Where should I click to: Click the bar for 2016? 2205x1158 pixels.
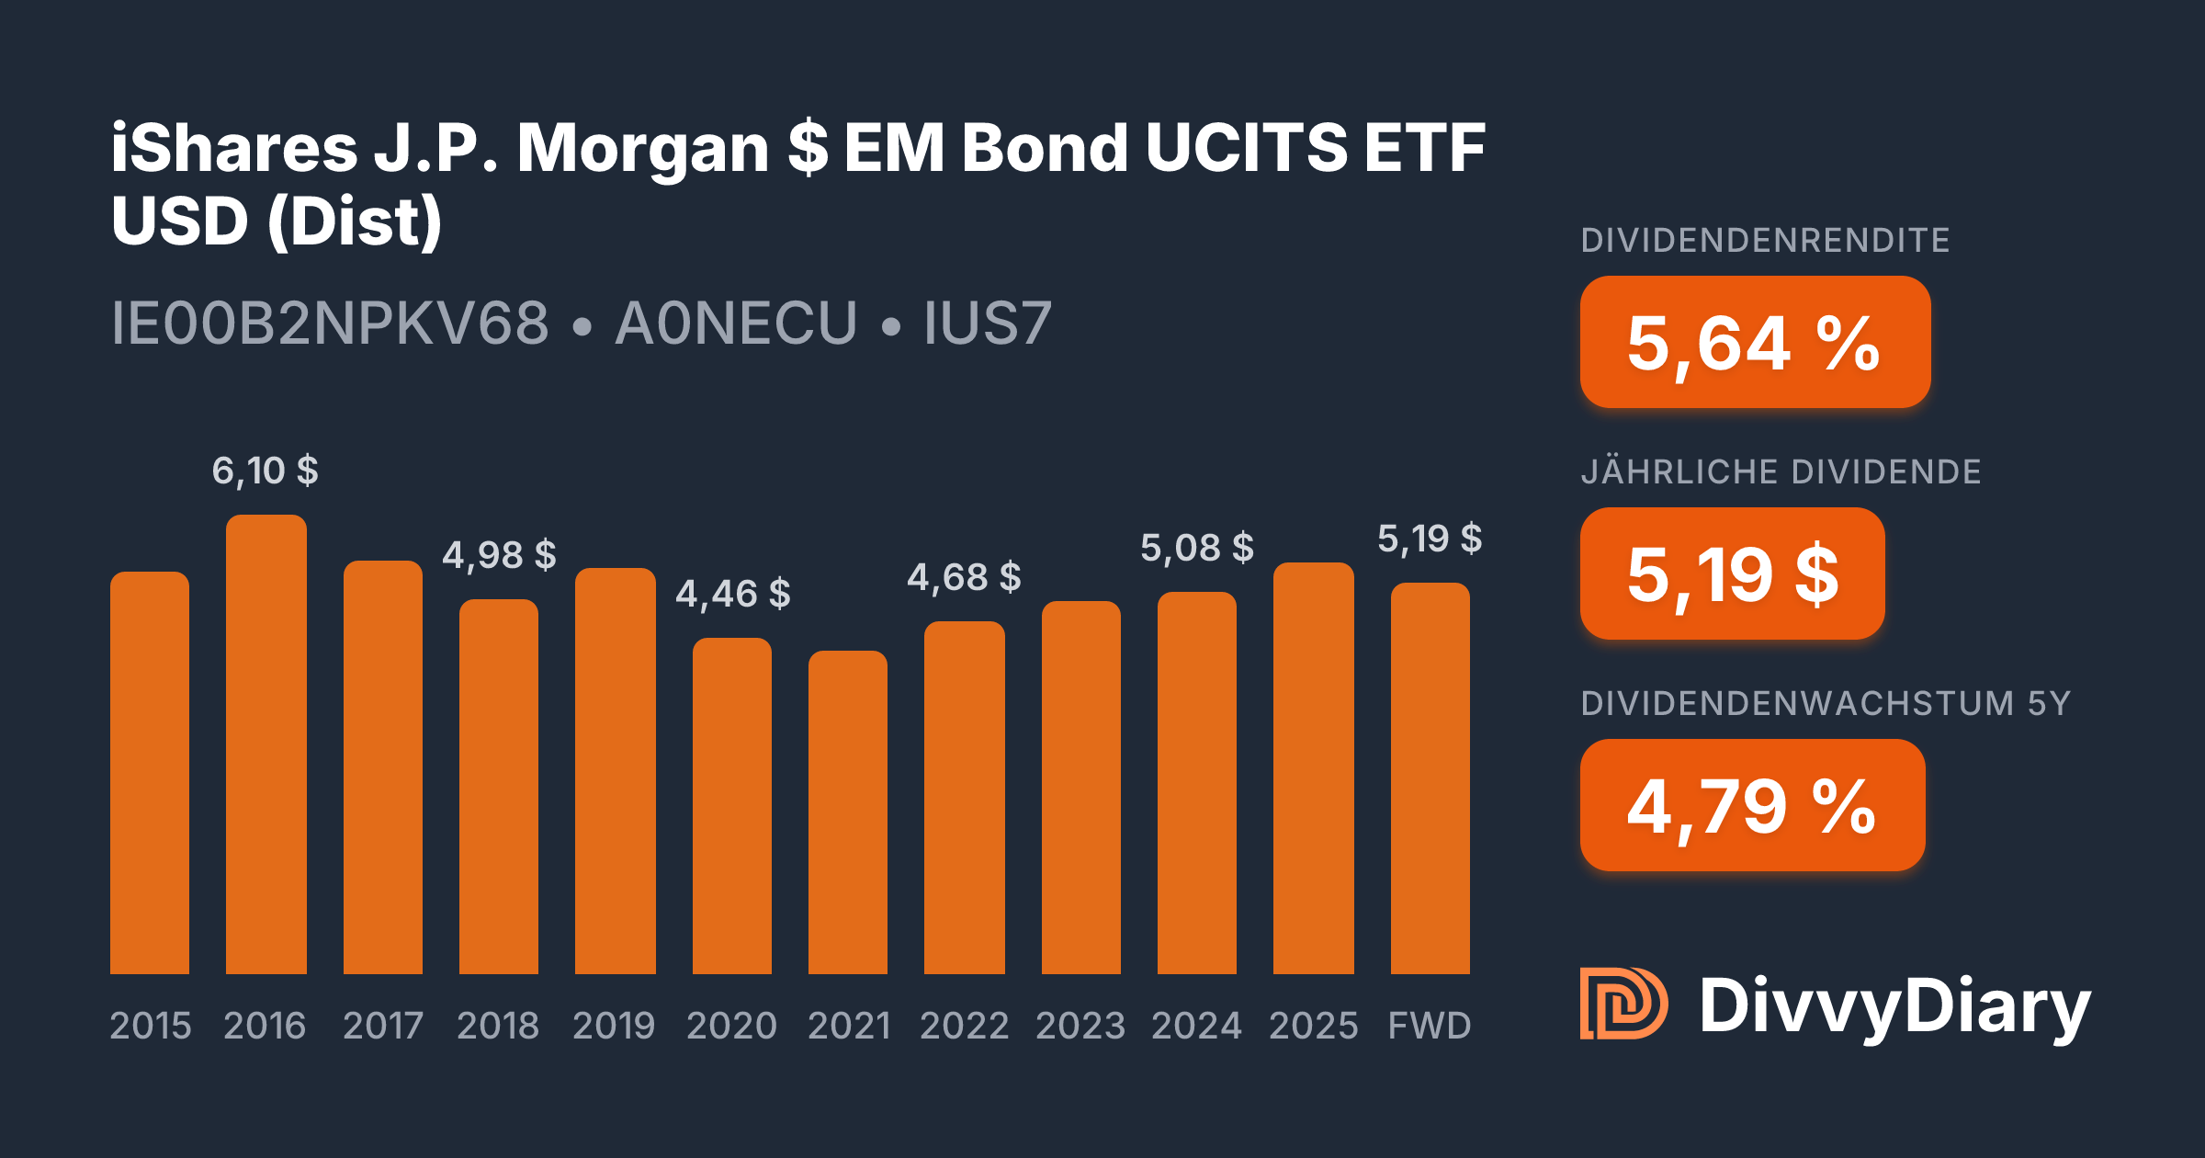[x=266, y=744]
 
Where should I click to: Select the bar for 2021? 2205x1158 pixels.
[x=848, y=812]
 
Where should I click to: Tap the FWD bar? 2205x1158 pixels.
[x=1430, y=778]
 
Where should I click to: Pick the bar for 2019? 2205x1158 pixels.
[x=616, y=771]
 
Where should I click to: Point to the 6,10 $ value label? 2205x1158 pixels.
[x=265, y=471]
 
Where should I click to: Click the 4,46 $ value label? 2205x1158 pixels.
[x=732, y=594]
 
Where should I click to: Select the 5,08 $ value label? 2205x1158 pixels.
[x=1196, y=548]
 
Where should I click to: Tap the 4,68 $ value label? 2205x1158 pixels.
[x=964, y=577]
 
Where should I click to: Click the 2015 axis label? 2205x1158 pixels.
[x=151, y=1025]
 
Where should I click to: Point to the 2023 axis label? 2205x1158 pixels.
[x=1080, y=1025]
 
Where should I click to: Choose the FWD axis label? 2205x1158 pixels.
[x=1430, y=1025]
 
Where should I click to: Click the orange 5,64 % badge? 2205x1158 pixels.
[x=1755, y=342]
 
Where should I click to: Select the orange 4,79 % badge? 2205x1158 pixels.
[x=1752, y=805]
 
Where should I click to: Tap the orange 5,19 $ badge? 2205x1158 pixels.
[x=1732, y=573]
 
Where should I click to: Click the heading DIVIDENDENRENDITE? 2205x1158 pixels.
[x=1765, y=240]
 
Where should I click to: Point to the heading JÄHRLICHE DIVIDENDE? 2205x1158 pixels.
[x=1781, y=471]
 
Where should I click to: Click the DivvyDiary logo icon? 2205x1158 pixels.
[x=1623, y=1004]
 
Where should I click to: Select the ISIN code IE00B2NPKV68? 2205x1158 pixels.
[x=330, y=323]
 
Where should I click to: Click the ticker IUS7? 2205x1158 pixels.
[x=987, y=323]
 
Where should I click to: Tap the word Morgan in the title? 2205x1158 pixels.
[x=642, y=149]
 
